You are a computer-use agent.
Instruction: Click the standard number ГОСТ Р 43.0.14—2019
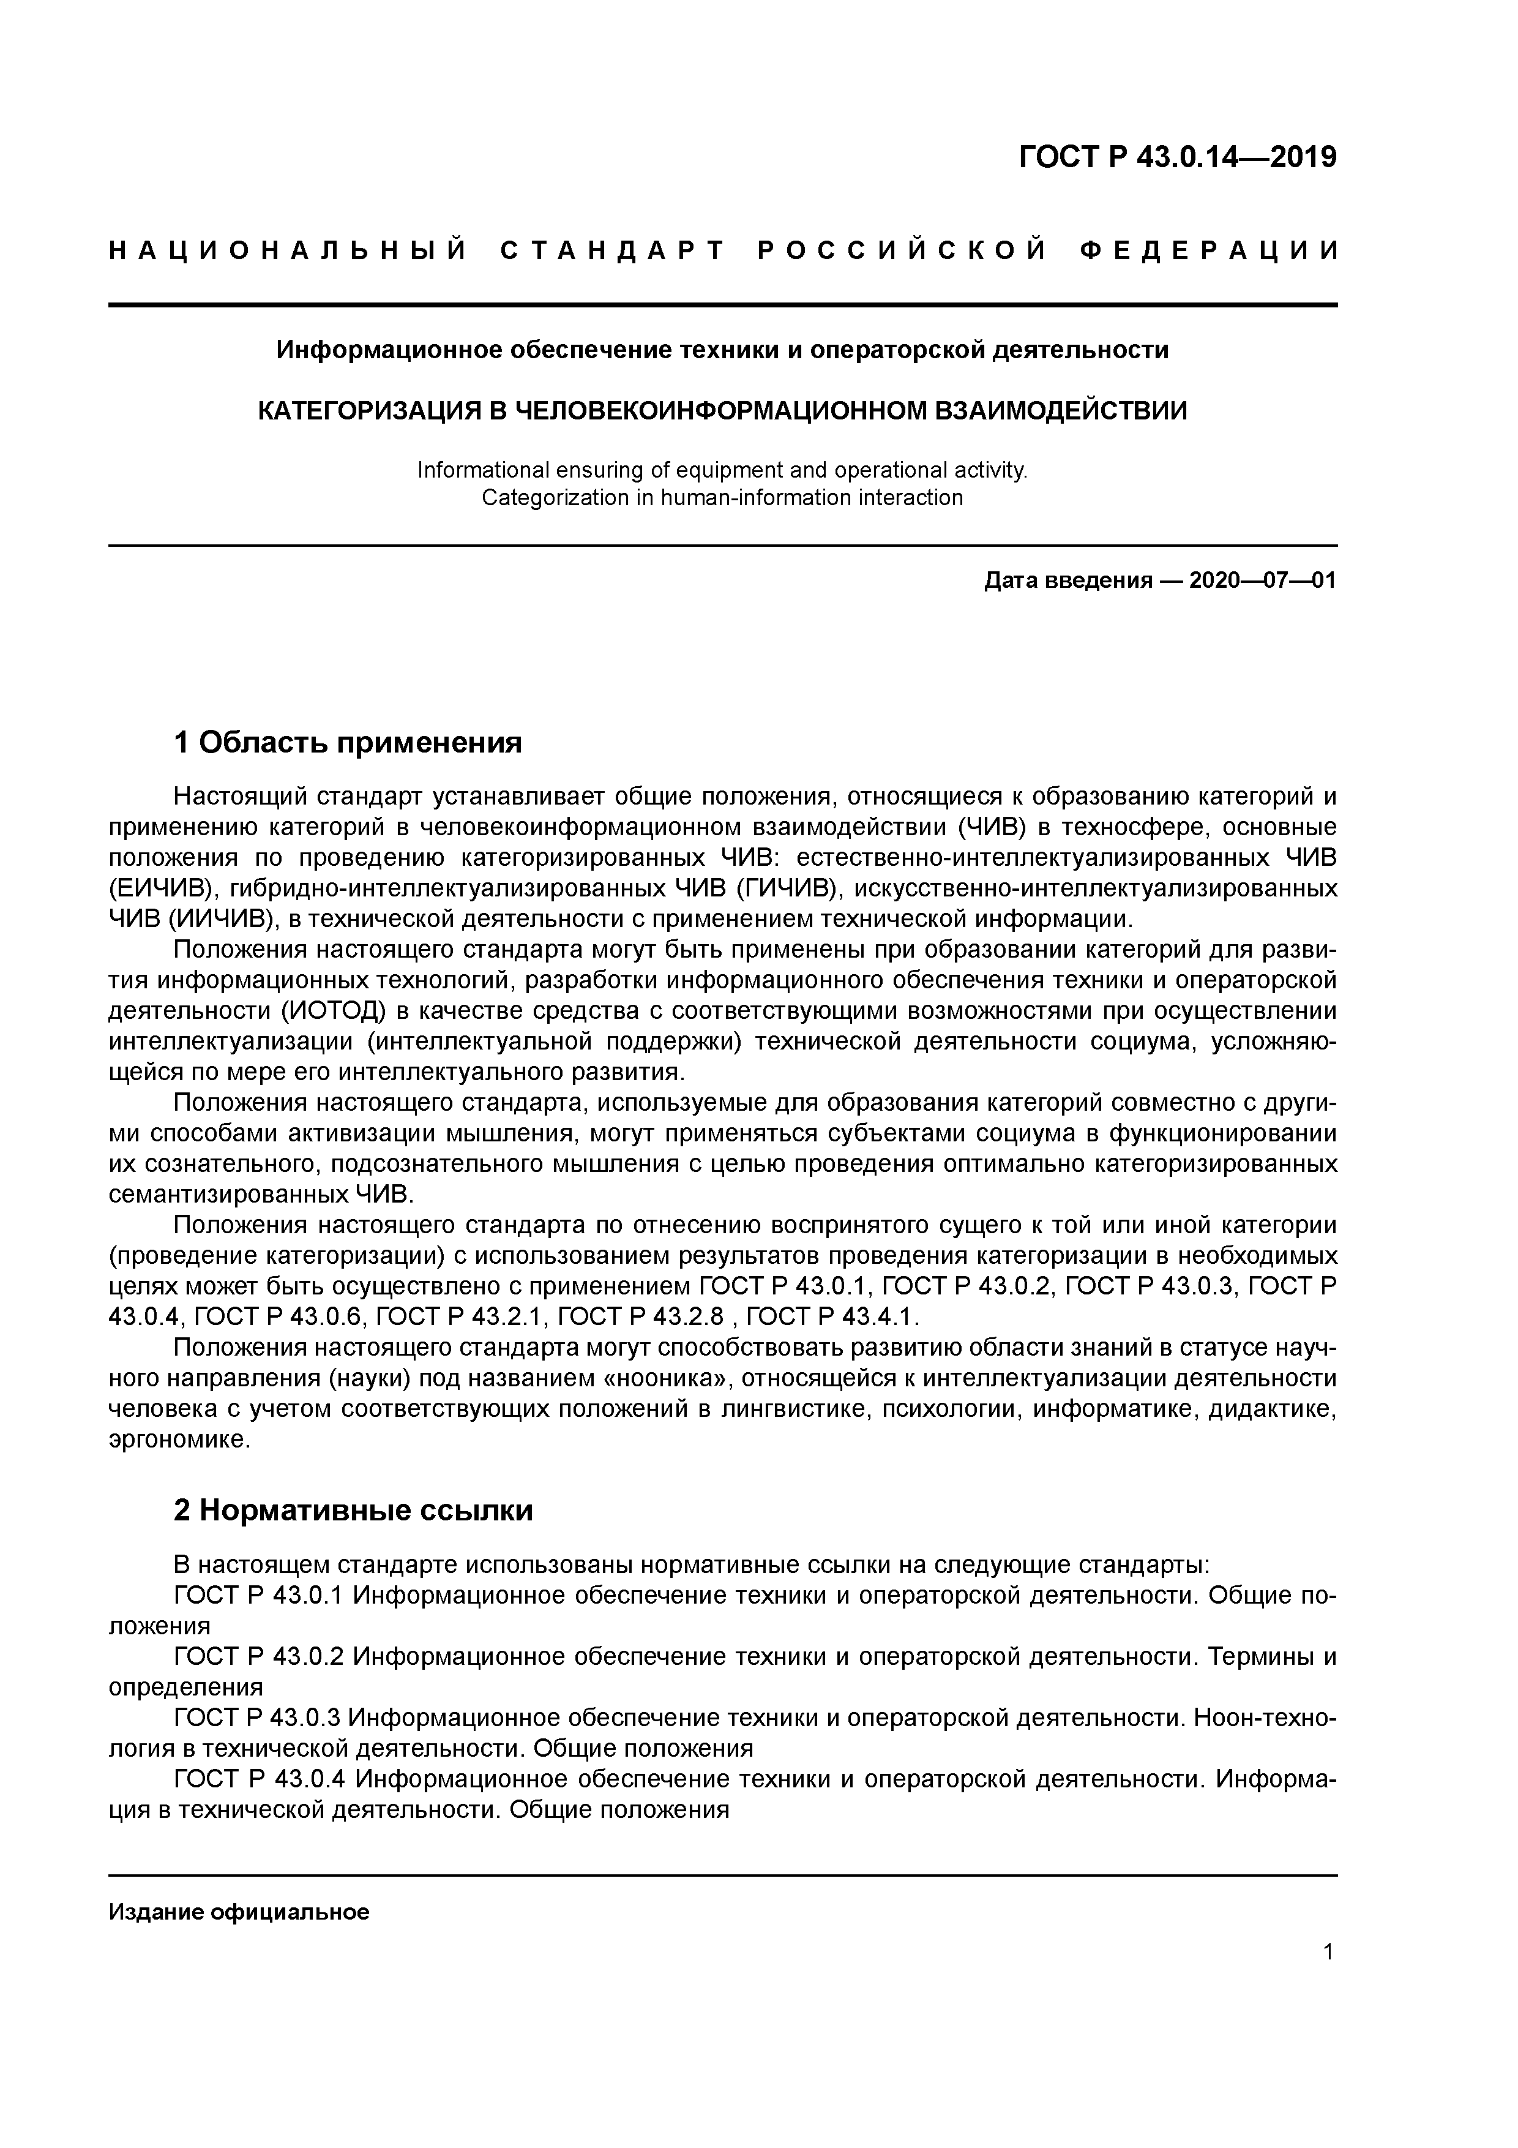coord(1178,157)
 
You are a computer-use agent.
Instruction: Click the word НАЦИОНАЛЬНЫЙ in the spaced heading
coord(288,250)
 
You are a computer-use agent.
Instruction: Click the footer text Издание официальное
coord(239,1912)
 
